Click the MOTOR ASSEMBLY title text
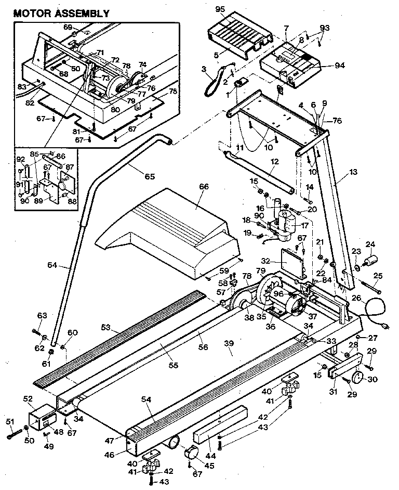pos(61,14)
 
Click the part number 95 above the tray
pos(221,9)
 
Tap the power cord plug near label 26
pos(384,325)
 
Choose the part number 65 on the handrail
pos(149,176)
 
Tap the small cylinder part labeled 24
pos(370,259)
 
